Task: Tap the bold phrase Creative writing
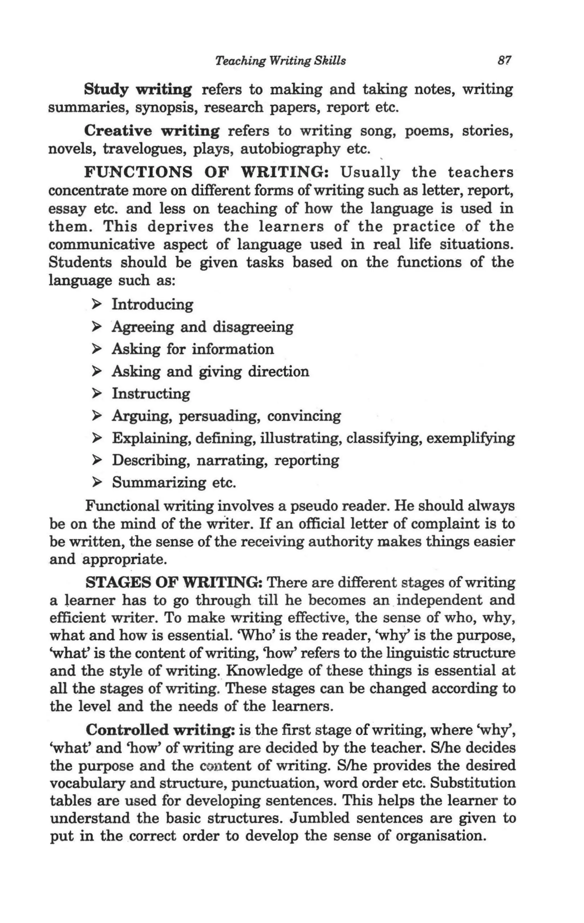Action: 151,131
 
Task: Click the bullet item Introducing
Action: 153,305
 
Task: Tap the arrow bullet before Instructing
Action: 97,394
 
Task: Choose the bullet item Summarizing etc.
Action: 174,482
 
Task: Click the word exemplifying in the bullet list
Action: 470,438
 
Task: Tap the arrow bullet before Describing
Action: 97,460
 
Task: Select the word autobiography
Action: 290,149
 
